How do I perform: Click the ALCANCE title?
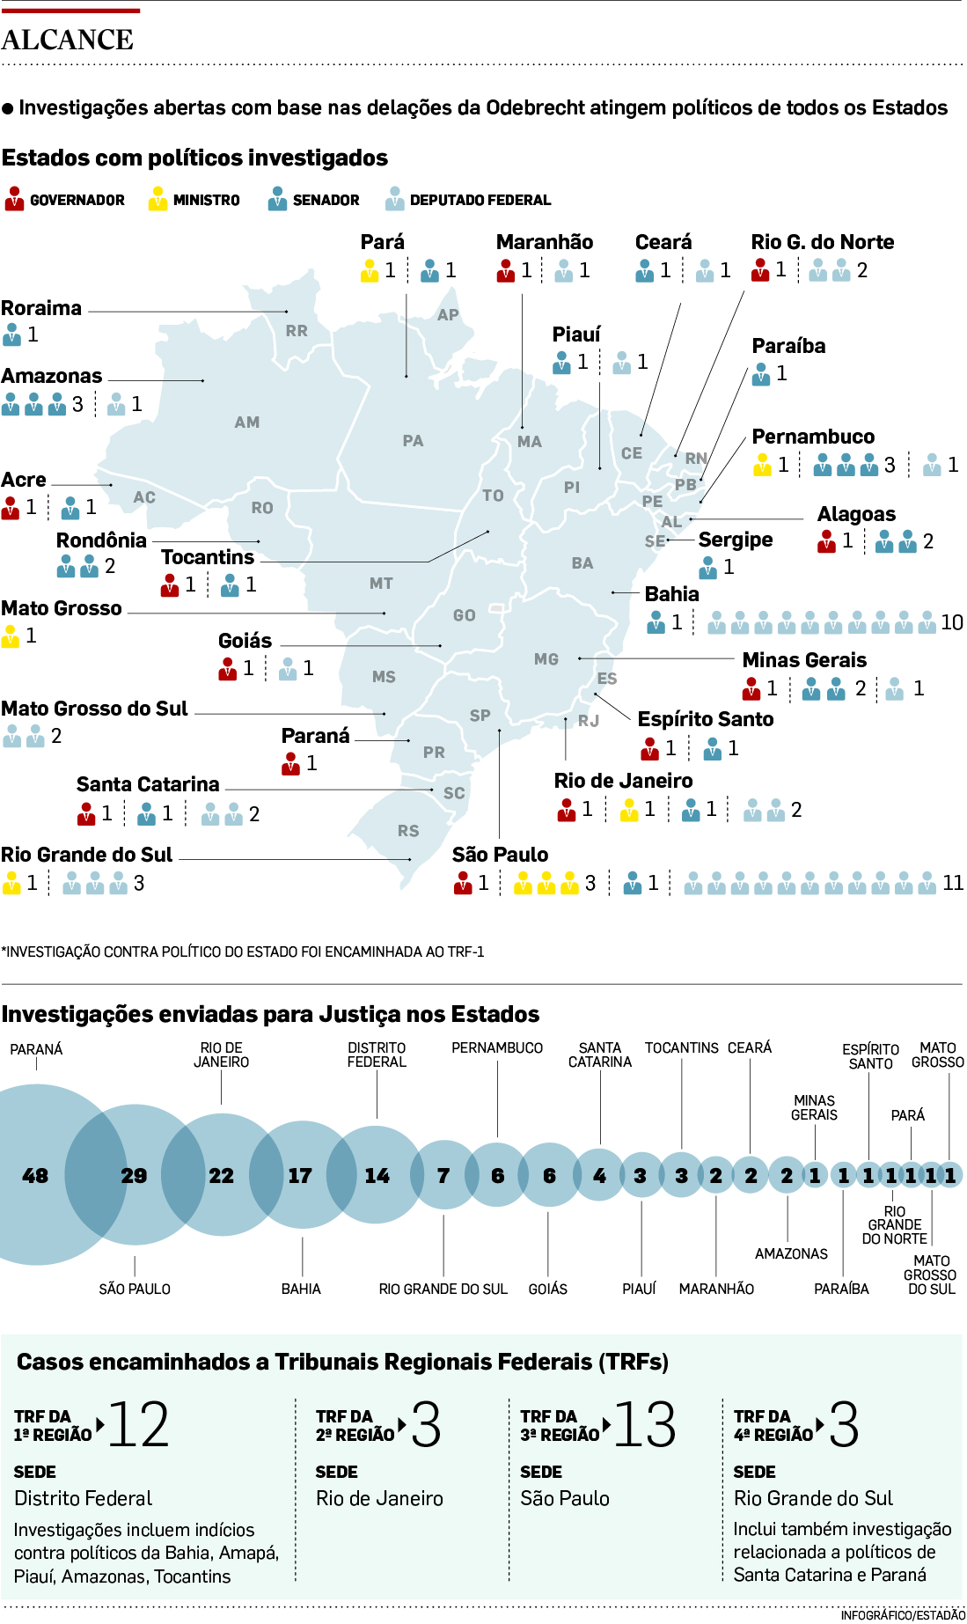[x=68, y=40]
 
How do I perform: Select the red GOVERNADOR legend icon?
[x=14, y=200]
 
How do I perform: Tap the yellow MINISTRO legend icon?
[x=158, y=200]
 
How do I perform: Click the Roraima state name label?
[x=41, y=308]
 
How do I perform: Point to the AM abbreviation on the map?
[x=247, y=423]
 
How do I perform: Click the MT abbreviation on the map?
[x=381, y=584]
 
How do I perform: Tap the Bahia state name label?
[x=671, y=594]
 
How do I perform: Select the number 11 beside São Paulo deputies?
[x=952, y=883]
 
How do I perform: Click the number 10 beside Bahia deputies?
[x=951, y=622]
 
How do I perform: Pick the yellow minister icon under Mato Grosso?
[x=11, y=636]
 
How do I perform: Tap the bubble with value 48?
[x=35, y=1176]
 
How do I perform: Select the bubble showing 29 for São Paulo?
[x=134, y=1176]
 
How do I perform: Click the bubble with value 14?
[x=377, y=1176]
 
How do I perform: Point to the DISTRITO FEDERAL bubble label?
[x=377, y=1054]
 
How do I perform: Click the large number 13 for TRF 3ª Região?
[x=644, y=1425]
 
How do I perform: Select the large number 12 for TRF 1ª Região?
[x=138, y=1425]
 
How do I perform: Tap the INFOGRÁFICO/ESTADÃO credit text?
[x=902, y=1615]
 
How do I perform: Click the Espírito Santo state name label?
[x=706, y=719]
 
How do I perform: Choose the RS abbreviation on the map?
[x=408, y=831]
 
